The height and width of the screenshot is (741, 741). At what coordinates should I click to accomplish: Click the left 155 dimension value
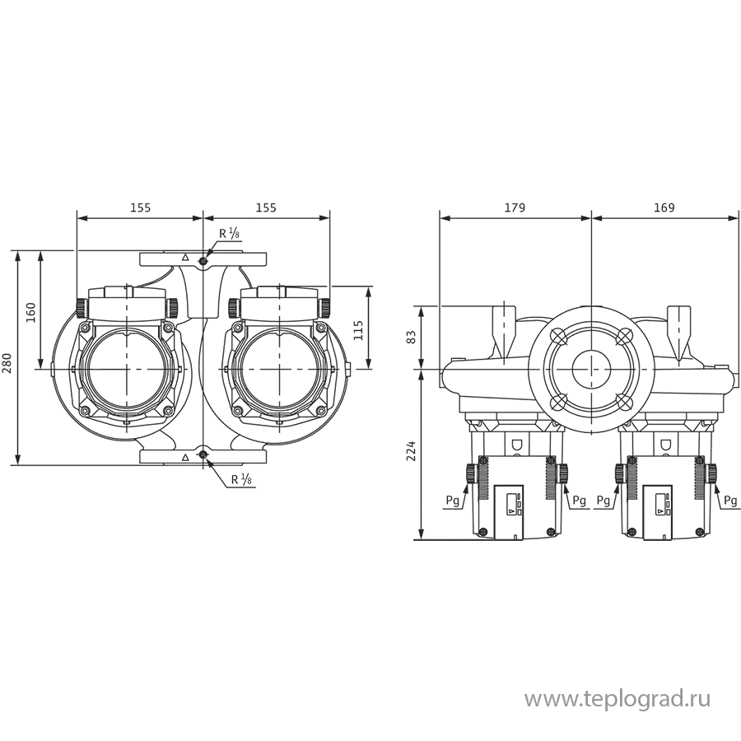click(x=140, y=207)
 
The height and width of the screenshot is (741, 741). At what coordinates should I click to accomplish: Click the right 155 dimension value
click(x=265, y=207)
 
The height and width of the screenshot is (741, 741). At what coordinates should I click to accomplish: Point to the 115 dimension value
click(x=359, y=329)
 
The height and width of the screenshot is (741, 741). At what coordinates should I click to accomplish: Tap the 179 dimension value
click(x=515, y=207)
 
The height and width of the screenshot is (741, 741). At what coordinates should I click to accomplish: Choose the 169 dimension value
click(x=664, y=207)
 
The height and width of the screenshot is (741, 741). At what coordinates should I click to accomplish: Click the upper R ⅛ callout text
click(x=230, y=235)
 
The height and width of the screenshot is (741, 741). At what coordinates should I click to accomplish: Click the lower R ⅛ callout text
click(x=241, y=478)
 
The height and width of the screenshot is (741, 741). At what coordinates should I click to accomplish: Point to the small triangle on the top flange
click(x=185, y=259)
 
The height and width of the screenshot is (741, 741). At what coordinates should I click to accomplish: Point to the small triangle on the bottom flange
click(x=185, y=455)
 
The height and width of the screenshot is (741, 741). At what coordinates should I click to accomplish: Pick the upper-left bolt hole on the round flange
click(x=558, y=337)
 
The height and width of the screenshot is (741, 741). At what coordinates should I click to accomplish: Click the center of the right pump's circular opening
click(x=281, y=370)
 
